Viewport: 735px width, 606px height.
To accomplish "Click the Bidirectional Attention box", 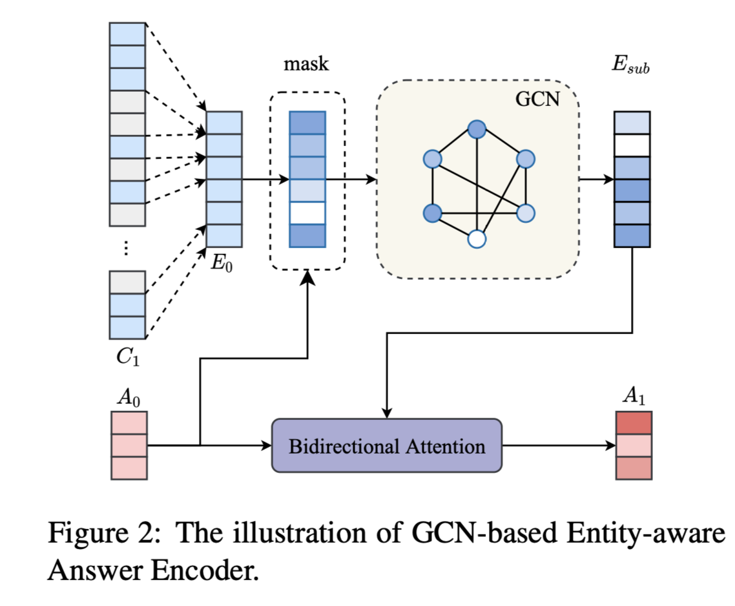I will tap(386, 446).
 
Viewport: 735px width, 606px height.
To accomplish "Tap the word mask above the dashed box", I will tap(306, 64).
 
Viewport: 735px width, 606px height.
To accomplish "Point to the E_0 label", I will tap(222, 263).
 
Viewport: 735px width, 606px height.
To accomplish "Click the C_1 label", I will tap(127, 357).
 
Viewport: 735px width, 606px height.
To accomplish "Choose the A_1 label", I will tap(633, 399).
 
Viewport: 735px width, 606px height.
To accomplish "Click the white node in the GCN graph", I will tap(476, 239).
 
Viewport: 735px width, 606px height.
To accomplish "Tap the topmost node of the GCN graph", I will tap(477, 130).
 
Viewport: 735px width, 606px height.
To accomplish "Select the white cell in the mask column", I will tap(307, 213).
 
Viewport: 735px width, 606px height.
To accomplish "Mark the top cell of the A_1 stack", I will tap(633, 424).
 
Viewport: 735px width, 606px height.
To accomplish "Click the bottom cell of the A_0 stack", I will tap(129, 468).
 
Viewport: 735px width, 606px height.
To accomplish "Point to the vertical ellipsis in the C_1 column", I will tap(127, 249).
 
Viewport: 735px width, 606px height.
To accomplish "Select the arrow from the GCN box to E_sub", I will tap(596, 179).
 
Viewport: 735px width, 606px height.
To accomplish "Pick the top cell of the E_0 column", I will tap(224, 123).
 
